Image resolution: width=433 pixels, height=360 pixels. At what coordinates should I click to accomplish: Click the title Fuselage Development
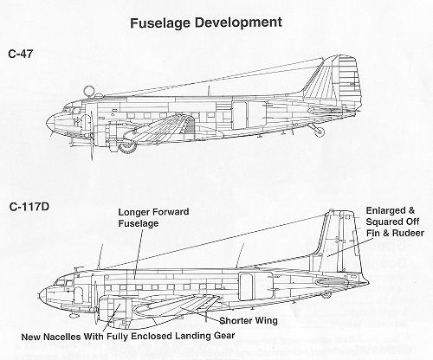click(x=206, y=22)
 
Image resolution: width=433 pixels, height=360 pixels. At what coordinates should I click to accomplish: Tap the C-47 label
click(x=21, y=54)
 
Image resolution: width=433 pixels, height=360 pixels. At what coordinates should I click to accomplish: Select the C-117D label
click(x=29, y=207)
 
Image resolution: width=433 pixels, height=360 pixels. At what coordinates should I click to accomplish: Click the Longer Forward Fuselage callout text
click(x=153, y=217)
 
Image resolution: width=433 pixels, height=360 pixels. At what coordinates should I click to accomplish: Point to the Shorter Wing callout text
click(x=249, y=320)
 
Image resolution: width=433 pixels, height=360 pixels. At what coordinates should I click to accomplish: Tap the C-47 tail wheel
click(x=320, y=132)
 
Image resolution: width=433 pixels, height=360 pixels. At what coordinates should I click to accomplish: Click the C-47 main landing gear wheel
click(x=127, y=147)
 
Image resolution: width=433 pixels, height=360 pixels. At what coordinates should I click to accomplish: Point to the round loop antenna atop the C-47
click(x=88, y=91)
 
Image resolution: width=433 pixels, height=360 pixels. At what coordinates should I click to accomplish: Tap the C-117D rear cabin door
click(x=246, y=286)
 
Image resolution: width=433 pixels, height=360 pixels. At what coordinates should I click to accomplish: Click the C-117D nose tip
click(x=40, y=295)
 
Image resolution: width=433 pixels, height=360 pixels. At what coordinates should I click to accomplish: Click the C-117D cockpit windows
click(x=65, y=282)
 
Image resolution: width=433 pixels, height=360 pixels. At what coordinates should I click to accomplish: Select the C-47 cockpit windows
click(x=72, y=110)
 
